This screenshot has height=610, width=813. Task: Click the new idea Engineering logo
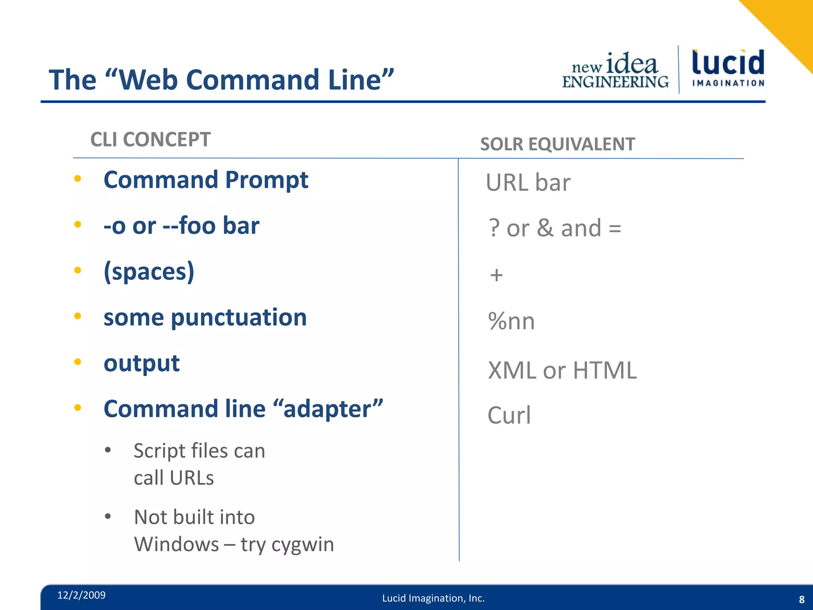[x=615, y=71]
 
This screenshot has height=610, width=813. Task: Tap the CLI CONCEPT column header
[x=150, y=140]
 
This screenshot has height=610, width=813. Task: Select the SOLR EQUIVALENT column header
[x=557, y=144]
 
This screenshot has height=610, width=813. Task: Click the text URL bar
[x=528, y=183]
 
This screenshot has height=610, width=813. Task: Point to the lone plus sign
[x=496, y=275]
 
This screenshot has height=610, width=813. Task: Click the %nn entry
[x=511, y=321]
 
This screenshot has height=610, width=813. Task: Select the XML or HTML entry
[x=562, y=370]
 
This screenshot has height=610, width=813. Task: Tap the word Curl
[x=509, y=415]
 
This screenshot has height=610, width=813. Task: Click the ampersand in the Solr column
[x=545, y=228]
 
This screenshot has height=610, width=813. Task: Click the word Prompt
[x=266, y=180]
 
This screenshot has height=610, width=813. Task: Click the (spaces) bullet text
[x=149, y=272]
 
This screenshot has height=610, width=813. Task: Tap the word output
[x=141, y=363]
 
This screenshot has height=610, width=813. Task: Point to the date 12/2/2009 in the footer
[x=81, y=595]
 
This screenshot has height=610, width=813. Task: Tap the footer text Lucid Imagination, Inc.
[x=433, y=598]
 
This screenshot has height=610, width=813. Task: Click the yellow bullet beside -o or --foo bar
[x=78, y=225]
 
